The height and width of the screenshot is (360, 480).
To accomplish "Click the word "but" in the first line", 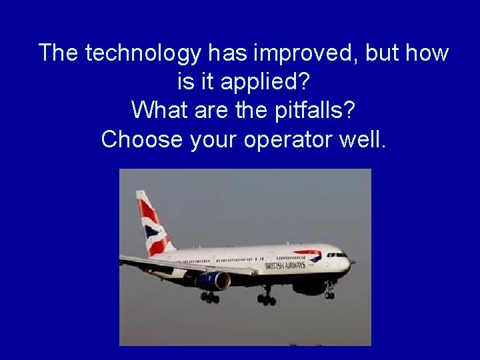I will (x=379, y=53).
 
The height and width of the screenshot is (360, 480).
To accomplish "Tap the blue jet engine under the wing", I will (x=213, y=281).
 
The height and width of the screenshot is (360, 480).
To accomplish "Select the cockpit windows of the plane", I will (x=337, y=255).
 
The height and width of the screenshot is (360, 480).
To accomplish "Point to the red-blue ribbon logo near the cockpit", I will (x=308, y=255).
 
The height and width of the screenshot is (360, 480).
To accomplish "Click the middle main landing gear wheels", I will (x=267, y=299).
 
